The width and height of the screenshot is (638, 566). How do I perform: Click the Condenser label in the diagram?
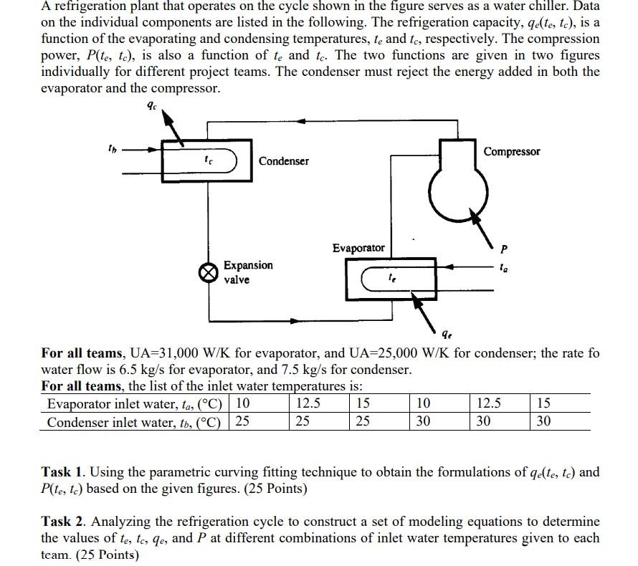tap(284, 161)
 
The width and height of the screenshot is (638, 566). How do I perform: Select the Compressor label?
tap(512, 152)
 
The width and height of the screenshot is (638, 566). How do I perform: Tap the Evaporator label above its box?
tap(358, 248)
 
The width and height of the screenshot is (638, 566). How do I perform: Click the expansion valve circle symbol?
tap(209, 273)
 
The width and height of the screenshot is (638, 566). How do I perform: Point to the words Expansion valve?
tap(248, 272)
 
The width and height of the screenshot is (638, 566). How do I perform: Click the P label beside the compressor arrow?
tap(504, 249)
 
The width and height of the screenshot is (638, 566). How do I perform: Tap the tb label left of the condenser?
tap(111, 150)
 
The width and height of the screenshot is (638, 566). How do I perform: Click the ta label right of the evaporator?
tap(505, 267)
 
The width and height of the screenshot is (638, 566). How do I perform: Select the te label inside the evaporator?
tap(391, 277)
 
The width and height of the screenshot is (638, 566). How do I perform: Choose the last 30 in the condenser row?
tap(543, 421)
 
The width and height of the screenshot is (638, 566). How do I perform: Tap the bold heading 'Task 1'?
tap(65, 471)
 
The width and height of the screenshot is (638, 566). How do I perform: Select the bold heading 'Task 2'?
tap(65, 522)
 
